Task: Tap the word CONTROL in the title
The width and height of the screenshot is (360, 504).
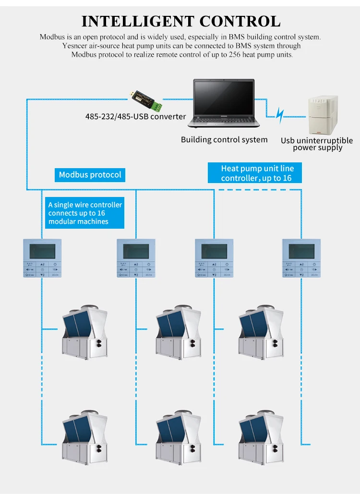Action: tap(240, 21)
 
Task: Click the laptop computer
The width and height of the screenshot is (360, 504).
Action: tap(224, 104)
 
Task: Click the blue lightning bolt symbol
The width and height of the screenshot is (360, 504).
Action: tap(281, 115)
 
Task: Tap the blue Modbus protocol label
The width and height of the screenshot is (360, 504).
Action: tap(90, 174)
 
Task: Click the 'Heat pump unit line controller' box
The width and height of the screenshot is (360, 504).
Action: tap(257, 173)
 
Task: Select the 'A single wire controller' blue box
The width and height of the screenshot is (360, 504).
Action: tap(84, 213)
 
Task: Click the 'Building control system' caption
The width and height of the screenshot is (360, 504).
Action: tap(224, 140)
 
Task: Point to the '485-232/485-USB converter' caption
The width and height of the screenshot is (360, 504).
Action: tap(135, 116)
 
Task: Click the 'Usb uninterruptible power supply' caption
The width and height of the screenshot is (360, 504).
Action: tap(317, 144)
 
